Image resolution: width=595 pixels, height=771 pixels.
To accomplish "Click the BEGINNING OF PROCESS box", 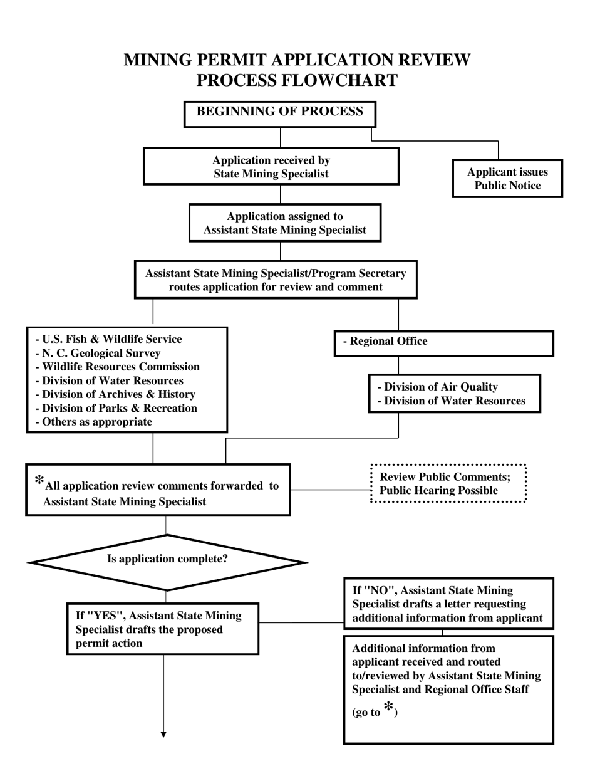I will click(x=279, y=113).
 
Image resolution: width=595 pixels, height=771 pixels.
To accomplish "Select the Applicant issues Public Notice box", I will click(x=507, y=179).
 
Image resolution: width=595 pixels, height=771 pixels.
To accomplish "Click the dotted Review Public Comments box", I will click(x=448, y=483).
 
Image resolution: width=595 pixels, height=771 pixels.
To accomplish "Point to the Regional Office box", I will click(x=443, y=342).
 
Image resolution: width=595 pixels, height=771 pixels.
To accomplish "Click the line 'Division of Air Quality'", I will click(x=438, y=387).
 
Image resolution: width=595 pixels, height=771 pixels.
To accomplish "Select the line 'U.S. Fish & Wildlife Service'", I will click(x=109, y=339).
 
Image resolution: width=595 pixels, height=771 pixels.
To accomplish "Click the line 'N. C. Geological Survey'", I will click(x=98, y=353).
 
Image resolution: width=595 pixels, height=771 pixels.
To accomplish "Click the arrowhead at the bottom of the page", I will click(x=163, y=734).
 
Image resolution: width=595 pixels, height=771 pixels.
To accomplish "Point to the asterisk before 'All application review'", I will click(x=39, y=481).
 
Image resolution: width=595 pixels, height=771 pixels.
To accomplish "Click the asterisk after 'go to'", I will click(x=389, y=708).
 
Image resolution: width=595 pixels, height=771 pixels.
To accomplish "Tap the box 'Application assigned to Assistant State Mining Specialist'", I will click(x=285, y=223).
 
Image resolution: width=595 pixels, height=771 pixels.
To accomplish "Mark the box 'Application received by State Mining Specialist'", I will click(x=271, y=167).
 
